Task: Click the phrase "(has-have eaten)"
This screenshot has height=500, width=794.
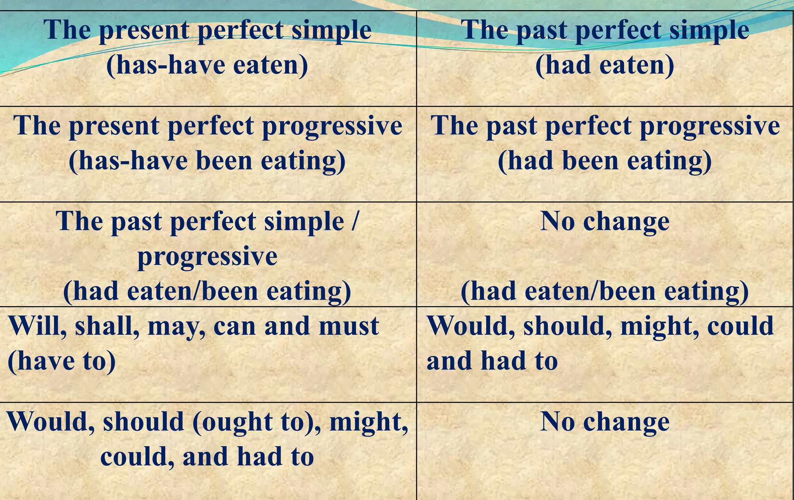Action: point(207,65)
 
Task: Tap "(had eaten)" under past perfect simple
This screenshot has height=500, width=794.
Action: point(604,65)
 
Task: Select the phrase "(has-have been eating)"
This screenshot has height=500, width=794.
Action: point(207,161)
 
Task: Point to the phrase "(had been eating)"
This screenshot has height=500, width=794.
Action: point(604,161)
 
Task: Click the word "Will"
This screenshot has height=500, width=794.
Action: point(37,326)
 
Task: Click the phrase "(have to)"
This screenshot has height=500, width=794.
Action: point(61,361)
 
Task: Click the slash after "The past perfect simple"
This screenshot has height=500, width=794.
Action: point(354,221)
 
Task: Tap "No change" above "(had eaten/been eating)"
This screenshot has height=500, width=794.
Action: point(604,221)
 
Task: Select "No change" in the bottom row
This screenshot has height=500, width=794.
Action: point(604,422)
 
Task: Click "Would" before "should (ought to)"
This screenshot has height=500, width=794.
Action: point(50,422)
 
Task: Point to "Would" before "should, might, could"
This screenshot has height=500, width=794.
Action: point(470,326)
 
